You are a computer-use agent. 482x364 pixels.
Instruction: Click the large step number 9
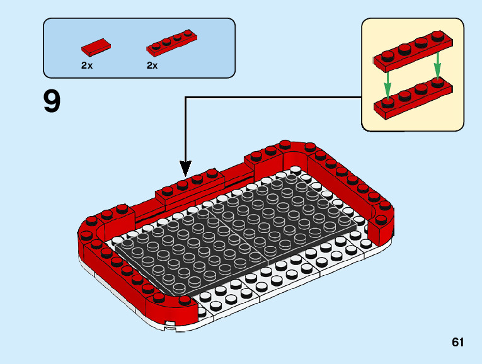pos(52,101)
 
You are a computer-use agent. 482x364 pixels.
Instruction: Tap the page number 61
pos(457,343)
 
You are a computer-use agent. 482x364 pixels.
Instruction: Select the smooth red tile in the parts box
pos(95,47)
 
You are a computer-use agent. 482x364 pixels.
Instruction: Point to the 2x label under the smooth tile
pos(87,65)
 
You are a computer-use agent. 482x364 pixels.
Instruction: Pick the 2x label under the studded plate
pos(152,65)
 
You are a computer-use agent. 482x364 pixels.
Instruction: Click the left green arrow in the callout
pos(388,80)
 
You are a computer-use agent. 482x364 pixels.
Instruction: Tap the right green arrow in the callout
pos(437,67)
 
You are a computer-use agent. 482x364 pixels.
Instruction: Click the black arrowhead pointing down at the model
pos(185,168)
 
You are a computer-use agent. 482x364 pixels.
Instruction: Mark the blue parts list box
pos(139,48)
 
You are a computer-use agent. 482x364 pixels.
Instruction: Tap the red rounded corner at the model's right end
pos(384,217)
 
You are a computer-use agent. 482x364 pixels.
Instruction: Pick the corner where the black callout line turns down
pos(185,98)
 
